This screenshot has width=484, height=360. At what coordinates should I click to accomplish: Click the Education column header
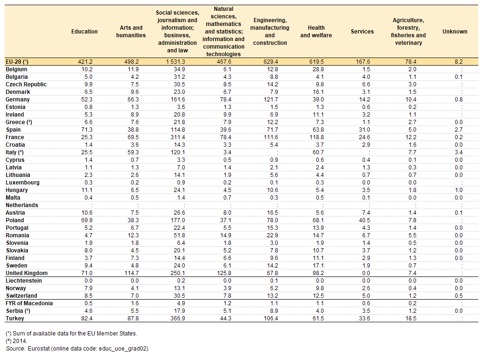[84, 32]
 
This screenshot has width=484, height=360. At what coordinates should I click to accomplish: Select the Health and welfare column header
[316, 32]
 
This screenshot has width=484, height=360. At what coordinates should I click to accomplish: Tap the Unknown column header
[455, 32]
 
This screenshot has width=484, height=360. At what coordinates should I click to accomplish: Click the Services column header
[362, 32]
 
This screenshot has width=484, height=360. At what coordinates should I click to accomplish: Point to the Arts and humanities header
[131, 32]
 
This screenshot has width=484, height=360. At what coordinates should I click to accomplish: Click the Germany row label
[17, 100]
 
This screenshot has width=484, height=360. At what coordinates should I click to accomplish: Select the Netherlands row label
[22, 205]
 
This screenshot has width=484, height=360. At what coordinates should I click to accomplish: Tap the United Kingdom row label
[26, 273]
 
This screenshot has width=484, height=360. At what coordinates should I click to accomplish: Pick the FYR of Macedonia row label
[29, 303]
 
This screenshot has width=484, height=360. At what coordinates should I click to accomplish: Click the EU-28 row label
[17, 62]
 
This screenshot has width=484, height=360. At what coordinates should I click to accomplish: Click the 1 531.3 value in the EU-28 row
[175, 62]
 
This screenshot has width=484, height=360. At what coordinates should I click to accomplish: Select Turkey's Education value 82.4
[87, 318]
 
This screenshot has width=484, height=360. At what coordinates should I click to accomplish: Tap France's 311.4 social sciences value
[178, 137]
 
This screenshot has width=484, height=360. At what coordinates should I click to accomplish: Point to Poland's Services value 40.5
[365, 220]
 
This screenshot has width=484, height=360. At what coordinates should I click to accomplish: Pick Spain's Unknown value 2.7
[459, 130]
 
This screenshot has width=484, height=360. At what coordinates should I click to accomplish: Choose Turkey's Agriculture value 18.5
[411, 318]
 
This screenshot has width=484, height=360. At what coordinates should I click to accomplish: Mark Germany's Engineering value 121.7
[271, 100]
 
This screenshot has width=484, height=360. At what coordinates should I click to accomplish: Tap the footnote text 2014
[20, 341]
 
